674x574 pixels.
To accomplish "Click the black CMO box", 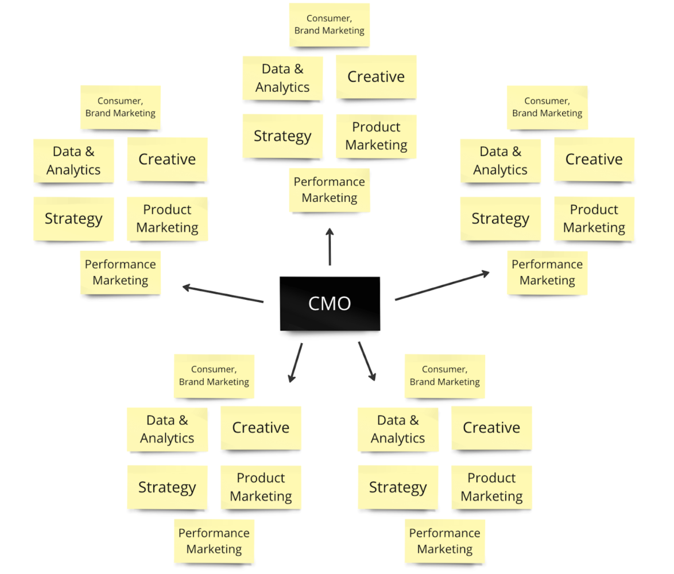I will [x=330, y=303].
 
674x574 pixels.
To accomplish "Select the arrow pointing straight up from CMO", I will [x=330, y=247].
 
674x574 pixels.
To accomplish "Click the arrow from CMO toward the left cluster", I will [x=223, y=293].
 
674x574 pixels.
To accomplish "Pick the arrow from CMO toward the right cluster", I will [x=442, y=286].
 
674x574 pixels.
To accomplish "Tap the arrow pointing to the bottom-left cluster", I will [x=296, y=362].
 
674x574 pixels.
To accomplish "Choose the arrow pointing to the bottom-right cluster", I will [x=367, y=361].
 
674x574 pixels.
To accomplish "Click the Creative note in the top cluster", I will [x=376, y=77].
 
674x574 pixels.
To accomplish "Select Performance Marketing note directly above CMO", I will [x=330, y=190].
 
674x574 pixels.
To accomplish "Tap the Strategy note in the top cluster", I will [x=282, y=136].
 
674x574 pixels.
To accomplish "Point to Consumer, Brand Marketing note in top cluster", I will [x=330, y=25].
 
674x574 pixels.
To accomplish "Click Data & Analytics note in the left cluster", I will [x=73, y=161].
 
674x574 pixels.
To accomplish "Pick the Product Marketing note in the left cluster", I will [x=167, y=219].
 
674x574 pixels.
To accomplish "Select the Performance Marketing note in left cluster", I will [x=121, y=273].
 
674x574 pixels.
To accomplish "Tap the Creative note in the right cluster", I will [x=594, y=160].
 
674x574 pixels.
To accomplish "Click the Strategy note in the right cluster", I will [x=500, y=219].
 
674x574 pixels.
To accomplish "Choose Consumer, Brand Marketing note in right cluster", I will [x=547, y=107].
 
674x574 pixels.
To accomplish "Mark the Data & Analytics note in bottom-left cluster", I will [x=167, y=429].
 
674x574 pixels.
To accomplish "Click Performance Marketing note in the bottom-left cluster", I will [x=214, y=541].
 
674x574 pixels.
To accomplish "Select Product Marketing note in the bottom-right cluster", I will [x=491, y=487].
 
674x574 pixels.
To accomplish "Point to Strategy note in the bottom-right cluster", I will [x=398, y=487].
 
